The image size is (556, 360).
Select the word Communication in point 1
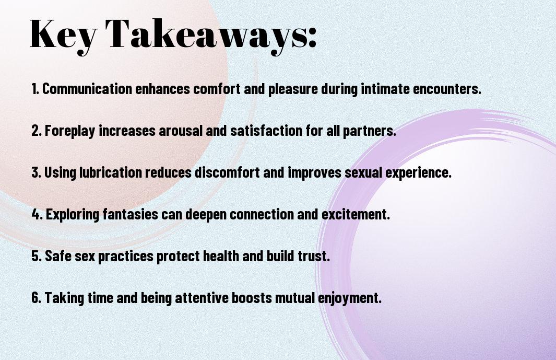click(87, 89)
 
